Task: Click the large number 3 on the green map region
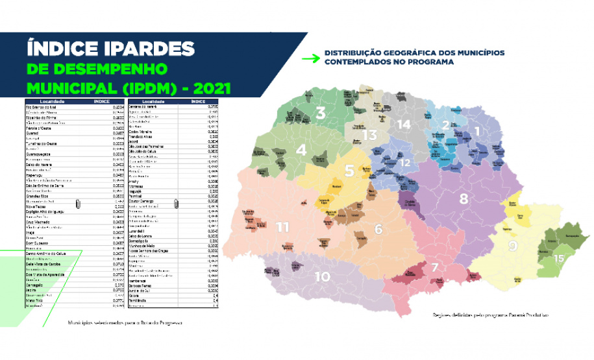[321, 113]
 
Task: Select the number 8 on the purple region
[464, 199]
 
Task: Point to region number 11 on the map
[282, 227]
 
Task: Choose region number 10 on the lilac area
[323, 276]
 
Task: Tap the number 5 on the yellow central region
[349, 171]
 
